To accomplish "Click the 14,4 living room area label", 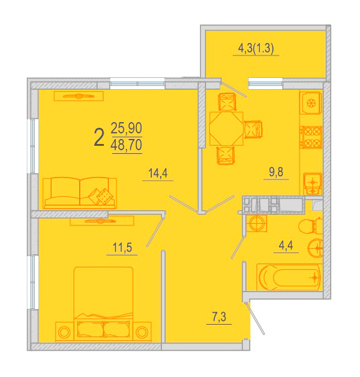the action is (x=158, y=173).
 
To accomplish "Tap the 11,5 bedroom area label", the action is (x=122, y=247).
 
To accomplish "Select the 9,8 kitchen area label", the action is (x=276, y=172).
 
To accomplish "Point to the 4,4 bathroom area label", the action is (x=286, y=246).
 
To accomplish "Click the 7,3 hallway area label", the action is (x=219, y=317).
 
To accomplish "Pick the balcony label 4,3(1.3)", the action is (x=256, y=49).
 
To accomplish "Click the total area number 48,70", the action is (x=126, y=145).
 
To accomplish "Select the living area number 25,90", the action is (x=126, y=128).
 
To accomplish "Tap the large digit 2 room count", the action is (x=99, y=137).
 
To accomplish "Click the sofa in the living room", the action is (x=80, y=193).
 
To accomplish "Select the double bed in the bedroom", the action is (x=103, y=303).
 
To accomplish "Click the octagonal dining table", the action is (x=226, y=128).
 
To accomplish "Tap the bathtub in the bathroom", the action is (x=290, y=277).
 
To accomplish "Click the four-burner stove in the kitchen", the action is (x=311, y=137).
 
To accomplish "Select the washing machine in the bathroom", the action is (x=257, y=223).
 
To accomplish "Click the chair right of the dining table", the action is (x=253, y=130).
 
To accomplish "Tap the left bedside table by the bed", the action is (x=64, y=332).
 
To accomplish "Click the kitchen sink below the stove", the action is (x=313, y=184).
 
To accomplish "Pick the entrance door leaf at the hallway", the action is (x=255, y=318).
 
